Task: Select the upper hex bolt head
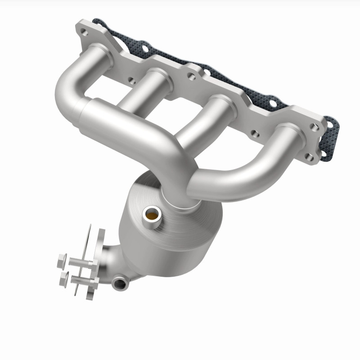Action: click(62, 260)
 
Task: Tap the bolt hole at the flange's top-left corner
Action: click(84, 32)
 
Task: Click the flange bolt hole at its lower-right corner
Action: click(309, 157)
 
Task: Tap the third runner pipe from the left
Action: click(202, 121)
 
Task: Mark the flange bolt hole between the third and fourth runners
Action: click(255, 133)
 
